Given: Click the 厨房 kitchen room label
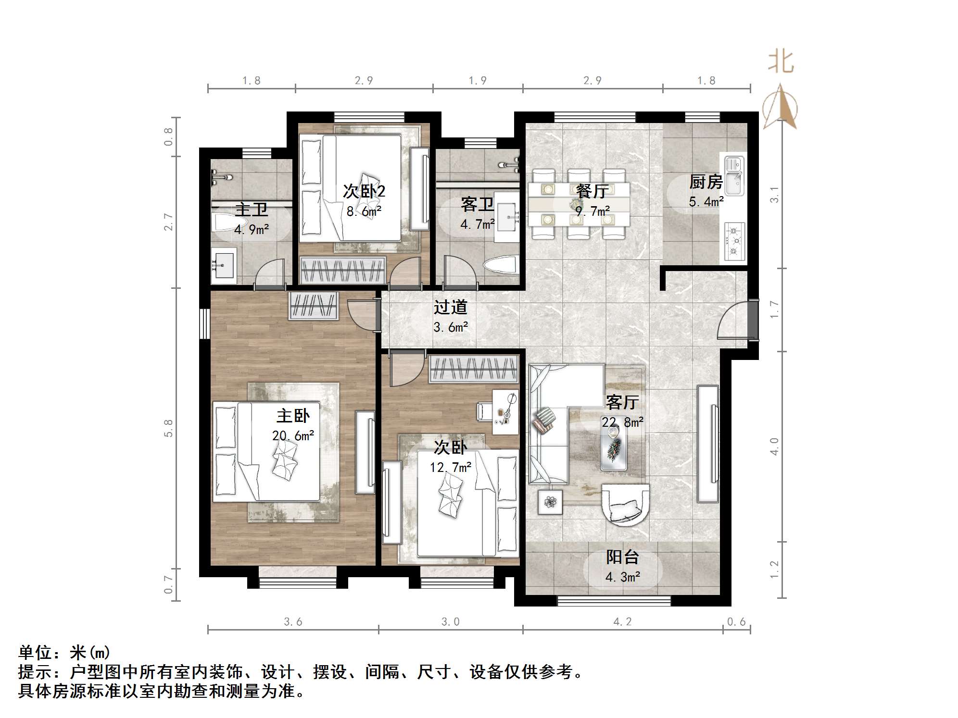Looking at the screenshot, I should pyautogui.click(x=706, y=182).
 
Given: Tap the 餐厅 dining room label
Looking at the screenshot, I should pyautogui.click(x=592, y=191).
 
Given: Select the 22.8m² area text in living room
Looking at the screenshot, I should pyautogui.click(x=622, y=422).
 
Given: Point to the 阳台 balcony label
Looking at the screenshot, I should pyautogui.click(x=622, y=557).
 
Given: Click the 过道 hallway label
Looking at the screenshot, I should pyautogui.click(x=450, y=307).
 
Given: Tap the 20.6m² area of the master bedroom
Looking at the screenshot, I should pyautogui.click(x=293, y=435).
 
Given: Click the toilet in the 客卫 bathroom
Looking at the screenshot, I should pyautogui.click(x=501, y=266).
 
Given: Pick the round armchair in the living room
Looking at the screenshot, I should pyautogui.click(x=625, y=504).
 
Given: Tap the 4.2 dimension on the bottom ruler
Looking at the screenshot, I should pyautogui.click(x=622, y=622).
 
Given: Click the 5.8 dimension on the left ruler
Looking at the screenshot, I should pyautogui.click(x=168, y=428).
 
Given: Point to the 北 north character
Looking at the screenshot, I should pyautogui.click(x=780, y=62).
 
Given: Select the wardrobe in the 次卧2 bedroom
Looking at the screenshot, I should pyautogui.click(x=342, y=271).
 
